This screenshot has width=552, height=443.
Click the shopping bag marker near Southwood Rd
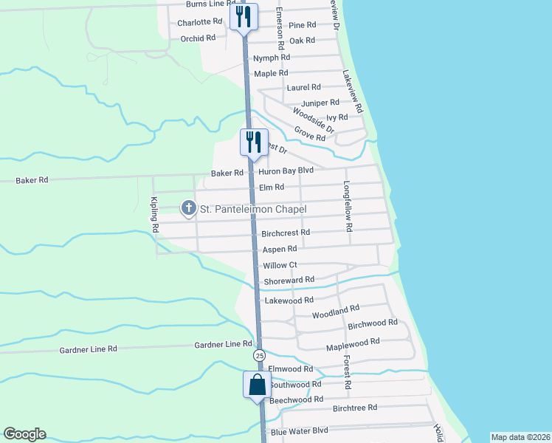coord(257,385)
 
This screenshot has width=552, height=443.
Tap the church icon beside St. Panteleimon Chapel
coord(188,209)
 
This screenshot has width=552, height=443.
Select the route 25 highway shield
coord(259,356)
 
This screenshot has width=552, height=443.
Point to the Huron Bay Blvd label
coord(286,171)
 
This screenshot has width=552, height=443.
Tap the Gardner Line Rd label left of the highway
coord(224,345)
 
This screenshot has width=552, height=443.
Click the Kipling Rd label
coord(154,216)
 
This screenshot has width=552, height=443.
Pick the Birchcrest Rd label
coord(286,233)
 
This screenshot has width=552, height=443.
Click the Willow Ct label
coord(280,265)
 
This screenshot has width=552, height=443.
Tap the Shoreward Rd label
coord(289,280)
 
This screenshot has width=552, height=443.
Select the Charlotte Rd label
coord(200,22)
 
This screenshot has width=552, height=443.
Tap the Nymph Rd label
coord(272,58)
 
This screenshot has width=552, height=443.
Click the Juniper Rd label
coord(320,103)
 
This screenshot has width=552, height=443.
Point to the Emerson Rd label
coord(280,26)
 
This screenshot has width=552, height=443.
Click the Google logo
coord(24,434)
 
